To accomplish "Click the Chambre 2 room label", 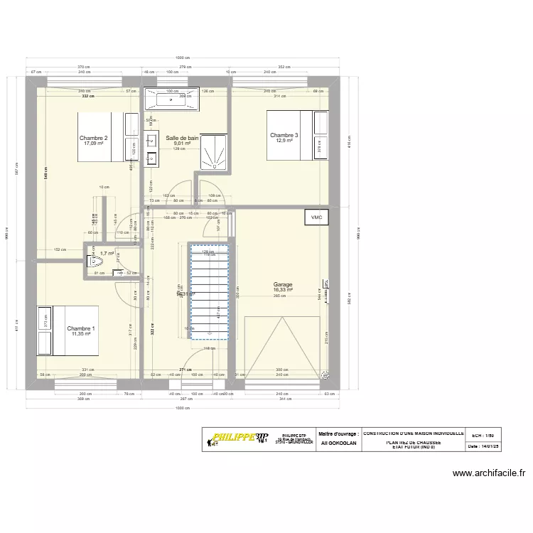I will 93,138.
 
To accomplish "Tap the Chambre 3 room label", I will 284,135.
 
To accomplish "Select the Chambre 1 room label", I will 80,328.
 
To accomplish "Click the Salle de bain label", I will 182,138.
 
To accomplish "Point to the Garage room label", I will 283,284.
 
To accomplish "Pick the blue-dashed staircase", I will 208,291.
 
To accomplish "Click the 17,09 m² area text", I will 93,144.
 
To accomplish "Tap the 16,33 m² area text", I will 283,290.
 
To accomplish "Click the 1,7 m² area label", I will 107,253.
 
